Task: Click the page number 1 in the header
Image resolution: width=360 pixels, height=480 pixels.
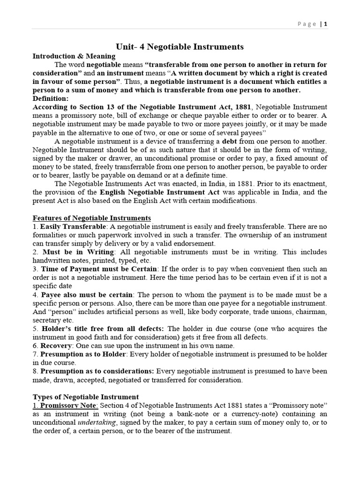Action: pyautogui.click(x=326, y=24)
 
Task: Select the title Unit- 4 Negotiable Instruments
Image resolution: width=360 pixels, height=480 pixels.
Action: pyautogui.click(x=180, y=46)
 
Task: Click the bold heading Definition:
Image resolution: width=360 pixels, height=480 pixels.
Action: pyautogui.click(x=50, y=98)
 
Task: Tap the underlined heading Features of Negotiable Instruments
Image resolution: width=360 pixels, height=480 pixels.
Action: pyautogui.click(x=91, y=218)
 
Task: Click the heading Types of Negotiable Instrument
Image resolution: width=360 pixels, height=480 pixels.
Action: pyautogui.click(x=85, y=397)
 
